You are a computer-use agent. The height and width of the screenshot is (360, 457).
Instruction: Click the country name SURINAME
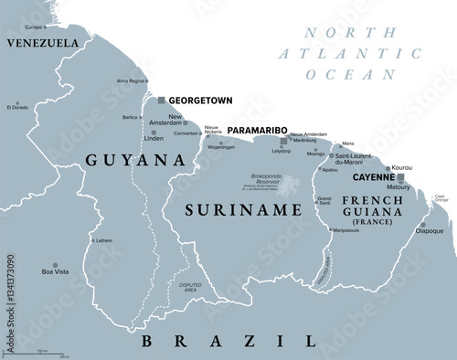coord(244,210)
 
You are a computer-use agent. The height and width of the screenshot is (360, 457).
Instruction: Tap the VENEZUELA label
coord(42,43)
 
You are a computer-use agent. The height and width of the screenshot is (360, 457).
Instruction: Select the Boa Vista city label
coord(55,271)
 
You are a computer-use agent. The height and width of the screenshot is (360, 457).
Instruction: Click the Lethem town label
coord(104,240)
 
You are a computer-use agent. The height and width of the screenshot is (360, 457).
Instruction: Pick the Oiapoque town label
coord(430,230)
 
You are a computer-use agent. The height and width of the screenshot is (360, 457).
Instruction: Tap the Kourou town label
coord(401,168)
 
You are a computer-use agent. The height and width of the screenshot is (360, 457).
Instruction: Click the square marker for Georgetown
coord(162,100)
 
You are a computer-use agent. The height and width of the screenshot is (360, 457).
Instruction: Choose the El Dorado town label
coord(17,108)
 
